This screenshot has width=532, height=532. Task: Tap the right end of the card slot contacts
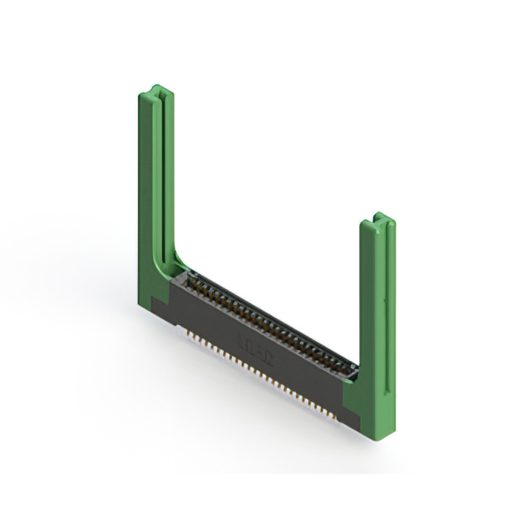pyautogui.click(x=349, y=366)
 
